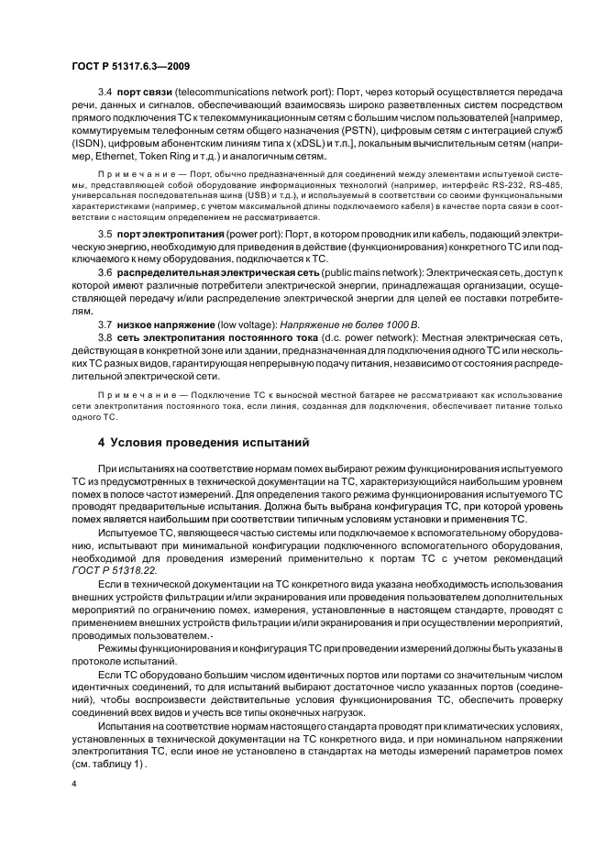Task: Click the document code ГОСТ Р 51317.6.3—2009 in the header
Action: click(x=130, y=66)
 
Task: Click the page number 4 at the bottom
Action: click(x=73, y=786)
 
